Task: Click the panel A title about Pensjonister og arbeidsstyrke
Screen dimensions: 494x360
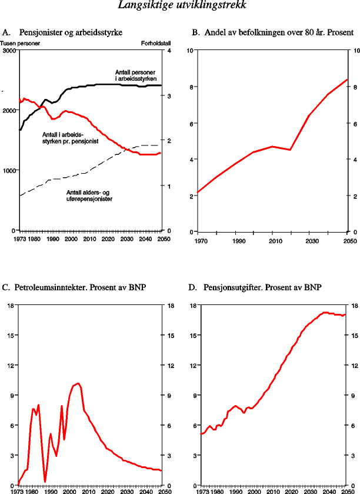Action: pyautogui.click(x=71, y=33)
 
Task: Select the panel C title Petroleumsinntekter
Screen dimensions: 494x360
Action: pyautogui.click(x=74, y=288)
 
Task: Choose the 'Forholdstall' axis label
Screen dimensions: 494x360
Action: pyautogui.click(x=155, y=44)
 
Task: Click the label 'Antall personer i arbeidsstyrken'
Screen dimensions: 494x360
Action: pyautogui.click(x=136, y=75)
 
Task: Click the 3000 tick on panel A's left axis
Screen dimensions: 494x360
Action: pyautogui.click(x=9, y=51)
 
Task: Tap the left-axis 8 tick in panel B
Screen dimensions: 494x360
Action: pyautogui.click(x=190, y=87)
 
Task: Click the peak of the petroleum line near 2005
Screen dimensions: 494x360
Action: pyautogui.click(x=78, y=383)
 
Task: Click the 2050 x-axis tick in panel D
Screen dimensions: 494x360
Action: pyautogui.click(x=346, y=490)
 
